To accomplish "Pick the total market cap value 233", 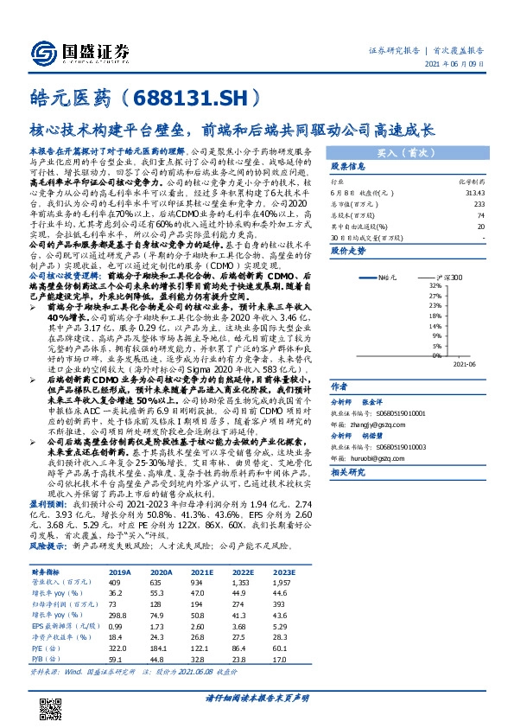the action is pyautogui.click(x=479, y=203).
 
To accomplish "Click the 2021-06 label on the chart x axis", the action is pyautogui.click(x=464, y=363).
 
